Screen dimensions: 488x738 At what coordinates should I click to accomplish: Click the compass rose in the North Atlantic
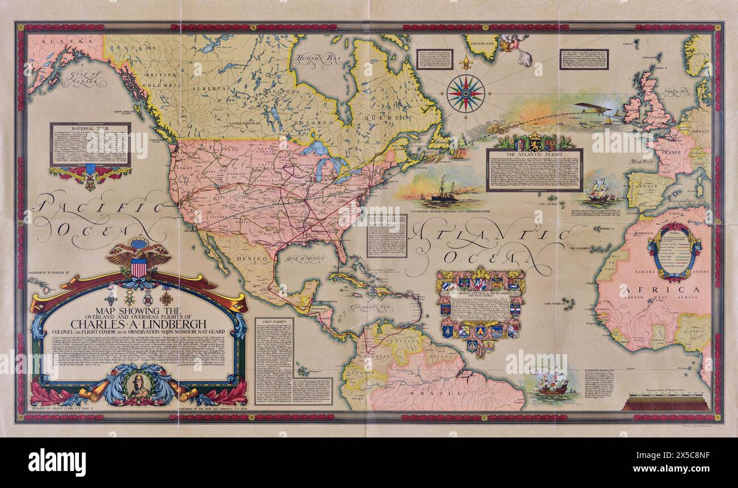pyautogui.click(x=466, y=92)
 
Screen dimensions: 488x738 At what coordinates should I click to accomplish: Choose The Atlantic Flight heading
pyautogui.click(x=534, y=155)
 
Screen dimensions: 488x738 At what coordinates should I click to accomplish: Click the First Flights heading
pyautogui.click(x=274, y=322)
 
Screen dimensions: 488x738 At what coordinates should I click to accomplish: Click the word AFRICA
pyautogui.click(x=653, y=291)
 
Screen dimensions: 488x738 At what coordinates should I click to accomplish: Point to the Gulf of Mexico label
pyautogui.click(x=304, y=259)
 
